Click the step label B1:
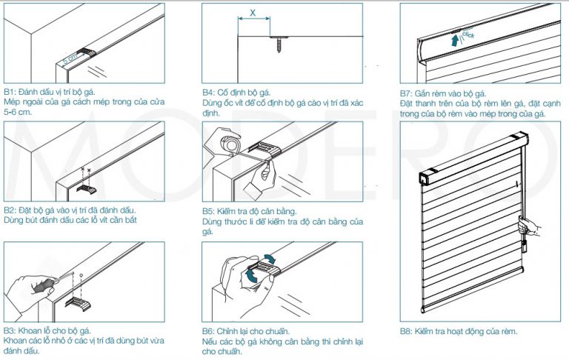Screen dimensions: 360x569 pyautogui.click(x=13, y=92)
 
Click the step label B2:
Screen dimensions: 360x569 pyautogui.click(x=13, y=210)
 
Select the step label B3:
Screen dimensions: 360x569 pyautogui.click(x=13, y=331)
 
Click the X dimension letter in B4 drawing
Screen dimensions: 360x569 pyautogui.click(x=253, y=13)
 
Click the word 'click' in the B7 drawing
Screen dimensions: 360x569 pyautogui.click(x=467, y=34)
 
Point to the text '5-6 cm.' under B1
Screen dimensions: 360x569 pyautogui.click(x=19, y=113)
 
